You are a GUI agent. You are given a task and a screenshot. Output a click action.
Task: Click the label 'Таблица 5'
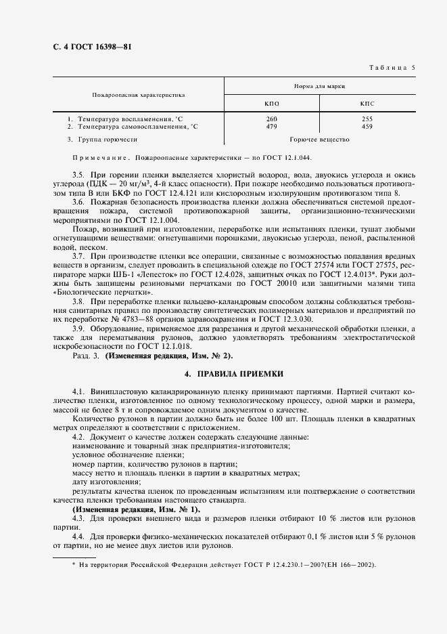point(392,67)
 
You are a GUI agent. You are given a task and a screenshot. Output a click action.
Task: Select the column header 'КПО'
point(272,104)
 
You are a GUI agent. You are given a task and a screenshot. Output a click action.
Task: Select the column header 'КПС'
point(367,104)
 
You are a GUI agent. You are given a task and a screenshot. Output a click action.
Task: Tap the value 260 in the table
point(272,119)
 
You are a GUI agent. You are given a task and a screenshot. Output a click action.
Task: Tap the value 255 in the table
point(367,119)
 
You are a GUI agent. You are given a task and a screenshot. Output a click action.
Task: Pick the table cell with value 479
point(272,126)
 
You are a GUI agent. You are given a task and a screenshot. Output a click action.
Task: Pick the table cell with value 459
point(367,126)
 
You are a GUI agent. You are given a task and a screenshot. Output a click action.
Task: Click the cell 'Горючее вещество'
point(319,140)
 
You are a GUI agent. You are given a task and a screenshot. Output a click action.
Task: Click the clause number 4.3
point(78,517)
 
